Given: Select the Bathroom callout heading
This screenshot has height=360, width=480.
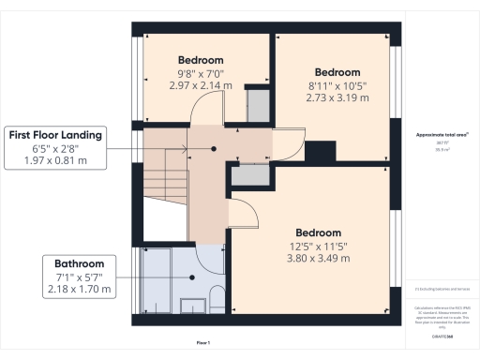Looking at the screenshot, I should (79, 263).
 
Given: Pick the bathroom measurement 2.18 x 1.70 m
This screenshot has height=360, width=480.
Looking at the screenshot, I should (79, 290).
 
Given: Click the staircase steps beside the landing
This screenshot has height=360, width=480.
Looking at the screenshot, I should (165, 178).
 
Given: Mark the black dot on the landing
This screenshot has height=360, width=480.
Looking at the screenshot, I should (214, 148).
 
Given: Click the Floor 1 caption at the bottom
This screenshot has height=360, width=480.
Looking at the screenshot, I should (203, 343).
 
